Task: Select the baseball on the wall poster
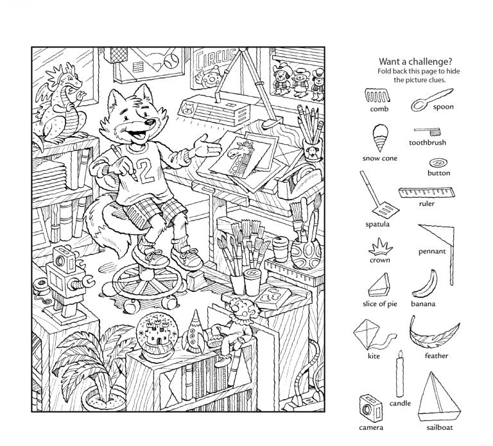[x=171, y=61]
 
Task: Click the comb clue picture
[x=377, y=96]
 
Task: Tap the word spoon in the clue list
[x=443, y=107]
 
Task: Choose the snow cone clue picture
[x=380, y=139]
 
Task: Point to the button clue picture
[x=438, y=163]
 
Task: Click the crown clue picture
[x=380, y=247]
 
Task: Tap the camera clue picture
[x=370, y=409]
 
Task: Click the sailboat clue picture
[x=439, y=397]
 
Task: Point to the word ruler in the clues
[x=427, y=203]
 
